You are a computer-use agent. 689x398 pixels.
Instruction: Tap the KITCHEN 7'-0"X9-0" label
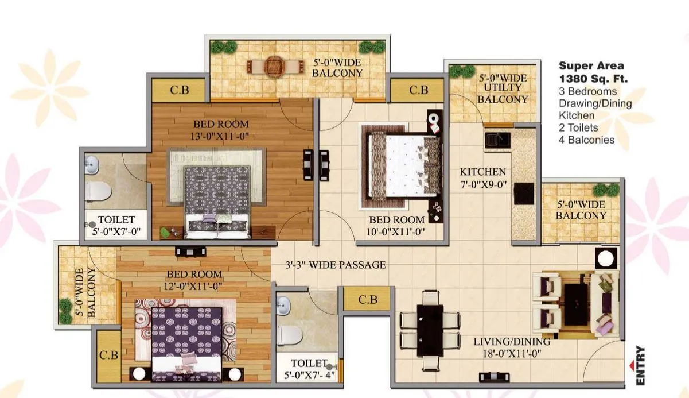482,177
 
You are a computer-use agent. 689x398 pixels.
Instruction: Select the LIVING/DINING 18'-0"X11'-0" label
512,347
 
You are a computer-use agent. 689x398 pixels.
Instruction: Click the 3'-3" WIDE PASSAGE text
336,265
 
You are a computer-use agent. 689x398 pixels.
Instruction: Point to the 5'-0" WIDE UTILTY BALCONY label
503,87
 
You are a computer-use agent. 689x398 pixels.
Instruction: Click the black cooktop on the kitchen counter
523,194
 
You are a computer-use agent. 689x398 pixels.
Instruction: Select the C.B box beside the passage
368,300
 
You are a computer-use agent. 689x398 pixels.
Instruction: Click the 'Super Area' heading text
591,66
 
